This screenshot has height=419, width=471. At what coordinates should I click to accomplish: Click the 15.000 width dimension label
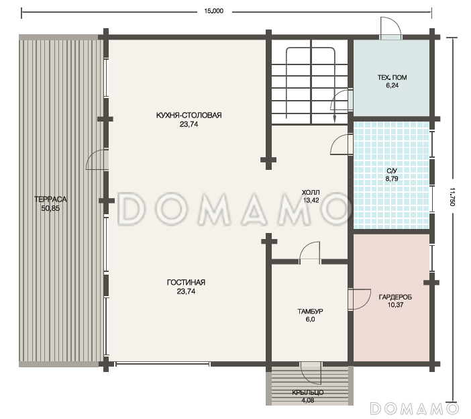point(213,11)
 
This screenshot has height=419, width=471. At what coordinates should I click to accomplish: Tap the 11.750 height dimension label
point(452,197)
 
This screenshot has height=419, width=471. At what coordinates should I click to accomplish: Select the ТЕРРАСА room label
point(50,199)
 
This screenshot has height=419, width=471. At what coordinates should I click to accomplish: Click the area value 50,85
point(50,208)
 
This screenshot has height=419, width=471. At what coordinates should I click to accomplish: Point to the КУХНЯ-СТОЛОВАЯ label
point(189,115)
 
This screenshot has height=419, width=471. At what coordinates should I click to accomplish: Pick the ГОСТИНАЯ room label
point(186,283)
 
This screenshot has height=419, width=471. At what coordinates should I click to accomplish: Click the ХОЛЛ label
point(311,192)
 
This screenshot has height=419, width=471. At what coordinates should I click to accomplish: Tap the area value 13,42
point(311,200)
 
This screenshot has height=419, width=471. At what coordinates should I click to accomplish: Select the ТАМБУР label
point(310,312)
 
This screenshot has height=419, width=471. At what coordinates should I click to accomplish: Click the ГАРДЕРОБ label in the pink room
point(395,297)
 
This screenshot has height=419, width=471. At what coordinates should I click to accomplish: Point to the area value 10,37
point(395,305)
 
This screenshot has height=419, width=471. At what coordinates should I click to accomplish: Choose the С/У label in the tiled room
point(392,171)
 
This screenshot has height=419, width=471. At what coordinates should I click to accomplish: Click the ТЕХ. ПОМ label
point(392,77)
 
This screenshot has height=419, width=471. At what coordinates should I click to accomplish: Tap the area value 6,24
point(392,85)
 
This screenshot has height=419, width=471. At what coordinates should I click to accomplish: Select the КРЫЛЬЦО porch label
point(308,393)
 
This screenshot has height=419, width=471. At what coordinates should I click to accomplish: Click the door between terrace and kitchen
point(97,159)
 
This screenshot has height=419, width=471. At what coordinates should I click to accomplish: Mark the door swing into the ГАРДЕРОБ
point(360,299)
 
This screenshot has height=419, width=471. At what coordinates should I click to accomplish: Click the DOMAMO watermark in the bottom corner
point(415,409)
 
